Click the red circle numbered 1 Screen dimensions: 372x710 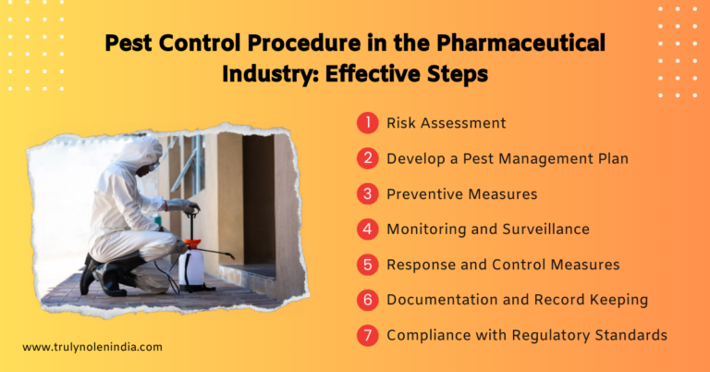[x=368, y=122]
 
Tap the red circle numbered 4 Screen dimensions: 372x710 [x=368, y=229]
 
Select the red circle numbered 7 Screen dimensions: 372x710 [x=368, y=335]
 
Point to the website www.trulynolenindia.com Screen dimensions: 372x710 [x=92, y=347]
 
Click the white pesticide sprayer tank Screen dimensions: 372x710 [x=191, y=266]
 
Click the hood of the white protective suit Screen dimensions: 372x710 [x=141, y=154]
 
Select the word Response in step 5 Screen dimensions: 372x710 [x=421, y=265]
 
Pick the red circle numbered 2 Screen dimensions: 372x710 [x=368, y=158]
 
